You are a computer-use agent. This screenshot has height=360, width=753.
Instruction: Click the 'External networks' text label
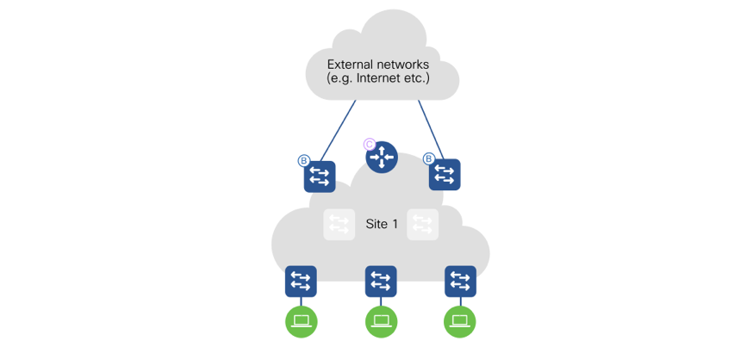pos(377,64)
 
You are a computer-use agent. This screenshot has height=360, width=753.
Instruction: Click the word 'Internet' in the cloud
pos(379,78)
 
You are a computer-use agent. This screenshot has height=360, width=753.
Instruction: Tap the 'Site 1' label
pos(382,224)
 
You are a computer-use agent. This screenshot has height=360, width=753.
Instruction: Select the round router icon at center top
pos(381,158)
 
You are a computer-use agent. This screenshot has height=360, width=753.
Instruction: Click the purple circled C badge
pos(370,144)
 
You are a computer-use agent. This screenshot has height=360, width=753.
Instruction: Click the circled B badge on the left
pos(303,160)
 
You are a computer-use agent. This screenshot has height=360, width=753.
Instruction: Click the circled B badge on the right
pos(428,158)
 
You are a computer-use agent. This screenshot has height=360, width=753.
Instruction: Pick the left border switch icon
pos(320,177)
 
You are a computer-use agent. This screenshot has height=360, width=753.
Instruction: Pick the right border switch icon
pos(445,175)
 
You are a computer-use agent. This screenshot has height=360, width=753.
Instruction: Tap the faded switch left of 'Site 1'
pos(339,225)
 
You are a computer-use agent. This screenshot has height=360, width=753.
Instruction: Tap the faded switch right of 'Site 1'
pos(422,225)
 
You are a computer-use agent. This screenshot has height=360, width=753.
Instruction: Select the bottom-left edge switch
pos(301,281)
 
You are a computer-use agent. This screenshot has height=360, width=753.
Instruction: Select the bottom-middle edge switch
pos(381,281)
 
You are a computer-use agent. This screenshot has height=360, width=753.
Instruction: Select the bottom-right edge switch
pos(460,281)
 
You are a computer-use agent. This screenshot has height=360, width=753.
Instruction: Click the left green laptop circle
pos(302,321)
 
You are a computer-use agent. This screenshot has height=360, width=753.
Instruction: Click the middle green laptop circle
pos(381,321)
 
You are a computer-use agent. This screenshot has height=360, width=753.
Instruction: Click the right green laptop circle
pos(460,321)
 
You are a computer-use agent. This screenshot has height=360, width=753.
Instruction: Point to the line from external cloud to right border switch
pos(429,129)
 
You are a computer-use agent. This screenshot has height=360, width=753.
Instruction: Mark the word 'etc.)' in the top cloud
pos(414,78)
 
